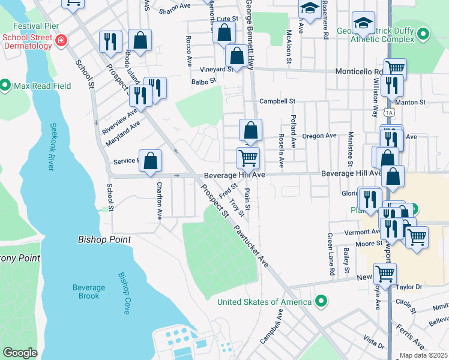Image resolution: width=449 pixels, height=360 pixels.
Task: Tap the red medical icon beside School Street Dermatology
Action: tap(61, 41)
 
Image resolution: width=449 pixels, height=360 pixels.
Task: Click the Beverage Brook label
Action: tap(89, 292)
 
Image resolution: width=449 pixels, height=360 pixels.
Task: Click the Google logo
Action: tap(20, 353)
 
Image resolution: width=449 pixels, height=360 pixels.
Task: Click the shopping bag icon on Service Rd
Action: tap(151, 161)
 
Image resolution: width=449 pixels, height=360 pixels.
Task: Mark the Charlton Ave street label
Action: tap(160, 199)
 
